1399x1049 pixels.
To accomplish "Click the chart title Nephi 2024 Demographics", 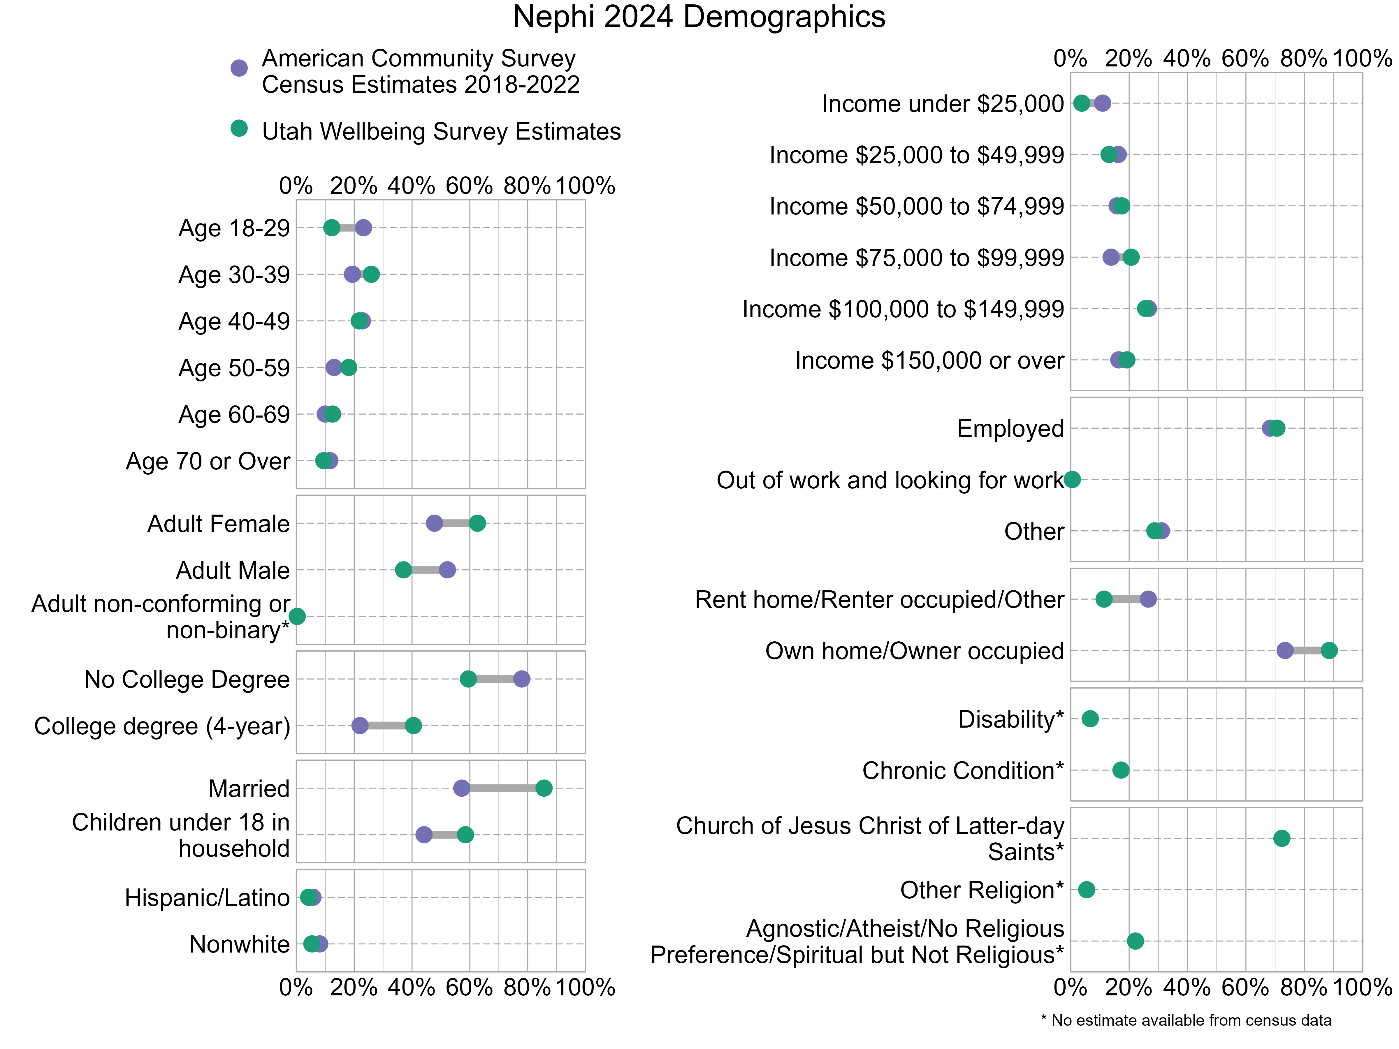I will coord(699,17).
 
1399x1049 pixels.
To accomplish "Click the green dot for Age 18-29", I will coord(331,228).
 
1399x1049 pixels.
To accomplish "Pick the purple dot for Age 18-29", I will coord(363,228).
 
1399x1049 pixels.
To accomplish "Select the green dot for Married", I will coord(544,788).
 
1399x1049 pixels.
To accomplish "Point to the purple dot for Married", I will coord(462,788).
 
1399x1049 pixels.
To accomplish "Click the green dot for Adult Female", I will coord(477,523).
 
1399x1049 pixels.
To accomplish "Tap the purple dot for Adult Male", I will coord(447,570).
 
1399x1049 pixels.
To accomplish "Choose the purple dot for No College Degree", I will coord(522,679).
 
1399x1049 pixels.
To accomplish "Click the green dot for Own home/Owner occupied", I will coord(1329,651).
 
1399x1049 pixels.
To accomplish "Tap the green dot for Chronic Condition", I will coord(1121,770).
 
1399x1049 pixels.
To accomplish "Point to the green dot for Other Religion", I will coord(1087,890).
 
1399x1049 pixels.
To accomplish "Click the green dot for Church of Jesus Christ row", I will coord(1281,838).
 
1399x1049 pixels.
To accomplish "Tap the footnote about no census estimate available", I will coord(1186,1020).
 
